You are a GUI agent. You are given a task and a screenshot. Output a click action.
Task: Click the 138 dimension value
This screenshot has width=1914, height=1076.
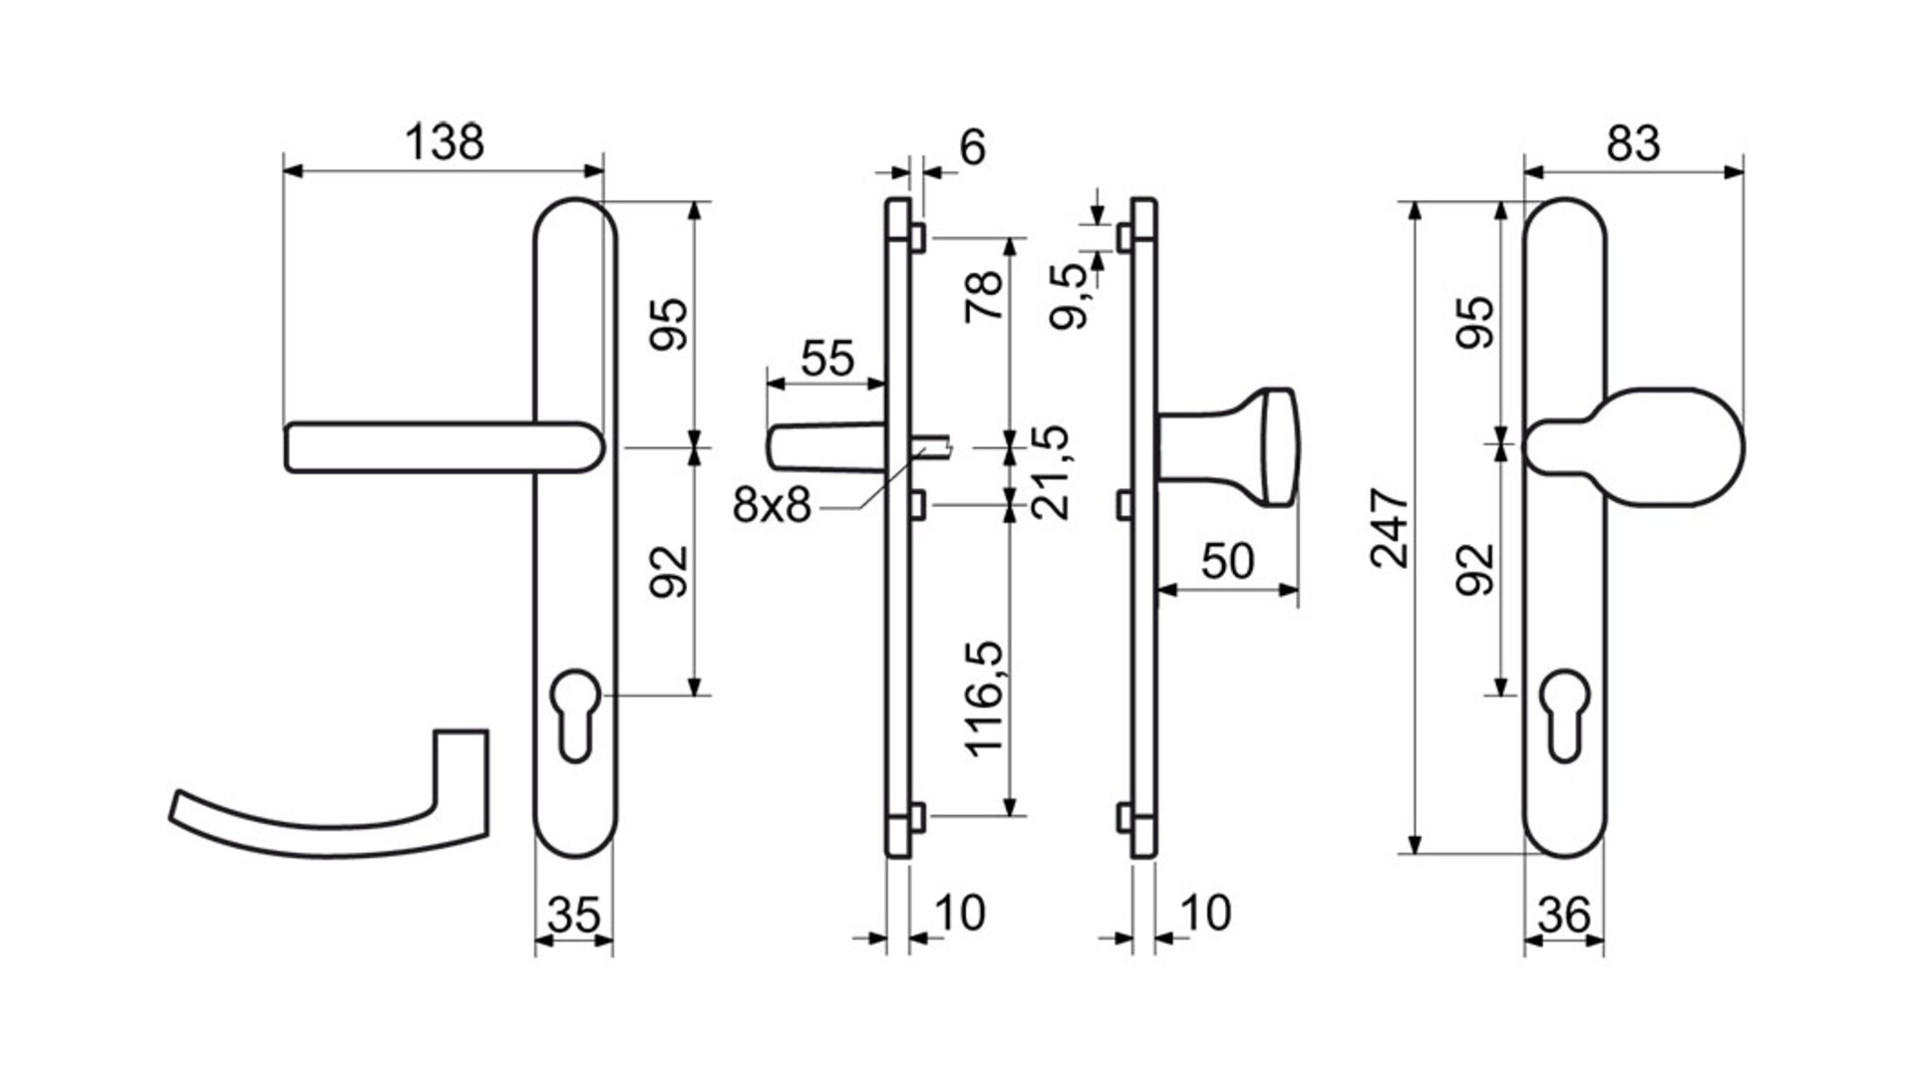click(445, 142)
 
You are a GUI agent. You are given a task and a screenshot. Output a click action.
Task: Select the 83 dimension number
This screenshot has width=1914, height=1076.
click(1634, 143)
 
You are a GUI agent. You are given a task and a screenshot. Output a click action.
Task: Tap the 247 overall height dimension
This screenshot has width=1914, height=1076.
click(1390, 528)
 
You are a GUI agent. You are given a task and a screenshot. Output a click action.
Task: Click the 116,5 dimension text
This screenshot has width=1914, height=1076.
click(988, 698)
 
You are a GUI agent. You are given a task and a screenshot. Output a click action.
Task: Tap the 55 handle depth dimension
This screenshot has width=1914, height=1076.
click(827, 359)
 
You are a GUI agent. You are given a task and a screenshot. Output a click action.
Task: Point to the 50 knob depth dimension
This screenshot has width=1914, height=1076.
click(1227, 562)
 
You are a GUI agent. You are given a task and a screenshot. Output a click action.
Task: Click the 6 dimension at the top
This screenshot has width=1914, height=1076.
click(972, 147)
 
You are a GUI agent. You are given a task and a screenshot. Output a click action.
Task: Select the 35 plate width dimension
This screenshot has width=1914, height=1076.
click(573, 915)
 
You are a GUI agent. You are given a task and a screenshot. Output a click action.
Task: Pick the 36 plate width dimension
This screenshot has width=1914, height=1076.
click(1563, 915)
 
